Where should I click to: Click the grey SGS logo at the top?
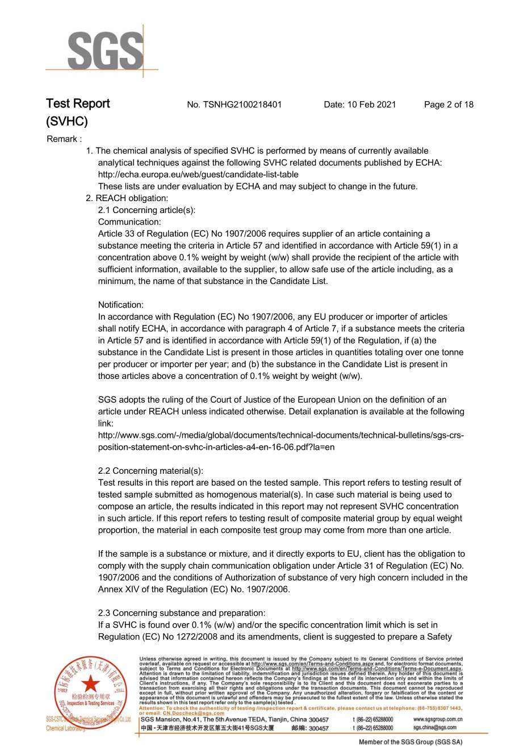(x=106, y=52)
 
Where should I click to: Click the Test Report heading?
(x=78, y=104)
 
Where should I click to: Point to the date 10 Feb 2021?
(x=371, y=105)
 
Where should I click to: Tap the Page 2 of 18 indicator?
(x=449, y=105)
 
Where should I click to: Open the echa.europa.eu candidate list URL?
(x=198, y=174)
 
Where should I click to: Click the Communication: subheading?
(x=129, y=222)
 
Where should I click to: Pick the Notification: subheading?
(x=121, y=305)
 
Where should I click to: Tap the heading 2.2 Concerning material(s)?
(x=150, y=471)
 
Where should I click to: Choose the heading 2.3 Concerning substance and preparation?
(x=182, y=613)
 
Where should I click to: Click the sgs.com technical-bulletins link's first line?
(x=281, y=435)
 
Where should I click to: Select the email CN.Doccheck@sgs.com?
(x=194, y=713)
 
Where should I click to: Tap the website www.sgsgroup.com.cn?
(x=438, y=719)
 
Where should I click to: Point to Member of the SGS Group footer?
(x=410, y=742)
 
